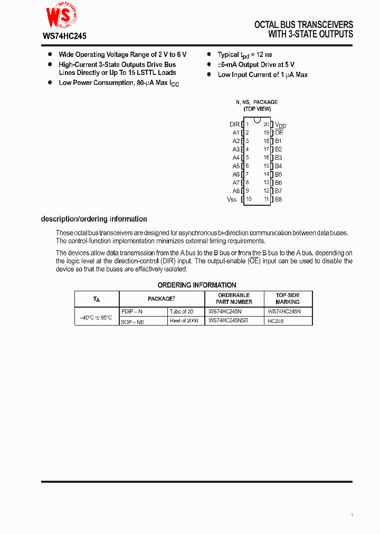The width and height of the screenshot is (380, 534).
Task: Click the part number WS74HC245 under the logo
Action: [x=64, y=37]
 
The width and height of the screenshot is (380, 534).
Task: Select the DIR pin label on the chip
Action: [x=234, y=125]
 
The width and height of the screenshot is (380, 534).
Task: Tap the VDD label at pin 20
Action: [x=280, y=125]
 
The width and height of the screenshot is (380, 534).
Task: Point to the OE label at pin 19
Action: [x=279, y=133]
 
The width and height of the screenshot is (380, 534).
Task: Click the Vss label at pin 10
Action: [x=232, y=199]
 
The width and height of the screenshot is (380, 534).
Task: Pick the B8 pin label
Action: [x=279, y=199]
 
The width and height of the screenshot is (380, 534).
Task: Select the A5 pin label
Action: [x=236, y=166]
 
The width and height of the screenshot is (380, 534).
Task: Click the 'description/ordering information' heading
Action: [x=94, y=219]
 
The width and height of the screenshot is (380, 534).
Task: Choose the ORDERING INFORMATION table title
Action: [x=196, y=285]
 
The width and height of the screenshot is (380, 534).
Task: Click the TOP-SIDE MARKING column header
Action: [x=288, y=299]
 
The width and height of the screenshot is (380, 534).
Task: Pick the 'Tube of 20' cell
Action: [x=182, y=312]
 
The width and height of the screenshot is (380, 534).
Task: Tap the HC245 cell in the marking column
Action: [x=275, y=321]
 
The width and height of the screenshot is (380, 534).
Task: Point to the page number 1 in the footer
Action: [x=351, y=515]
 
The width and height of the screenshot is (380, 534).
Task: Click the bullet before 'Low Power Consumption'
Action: [x=50, y=83]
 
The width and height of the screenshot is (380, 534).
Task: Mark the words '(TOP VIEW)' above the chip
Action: [x=257, y=109]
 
